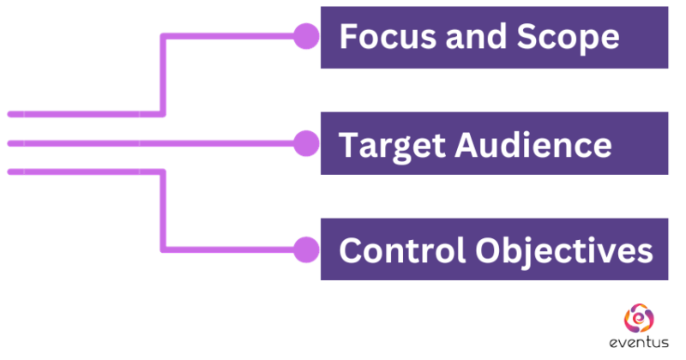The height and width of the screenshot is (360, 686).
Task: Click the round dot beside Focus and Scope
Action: pos(305,36)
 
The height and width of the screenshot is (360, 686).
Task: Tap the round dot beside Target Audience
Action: pos(305,143)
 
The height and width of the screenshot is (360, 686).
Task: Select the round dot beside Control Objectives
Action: pos(305,250)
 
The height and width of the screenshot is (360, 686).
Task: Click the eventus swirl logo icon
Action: pos(638,319)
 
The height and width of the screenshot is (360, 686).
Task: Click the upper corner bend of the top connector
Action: pos(163,37)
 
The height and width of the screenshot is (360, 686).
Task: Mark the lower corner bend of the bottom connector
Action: pos(163,249)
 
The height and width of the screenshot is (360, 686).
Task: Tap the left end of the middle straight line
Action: pos(10,143)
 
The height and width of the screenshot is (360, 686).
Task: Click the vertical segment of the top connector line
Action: pos(162,75)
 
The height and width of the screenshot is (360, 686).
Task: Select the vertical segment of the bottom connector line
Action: pos(162,211)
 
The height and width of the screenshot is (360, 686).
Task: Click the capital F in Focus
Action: pos(348,37)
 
